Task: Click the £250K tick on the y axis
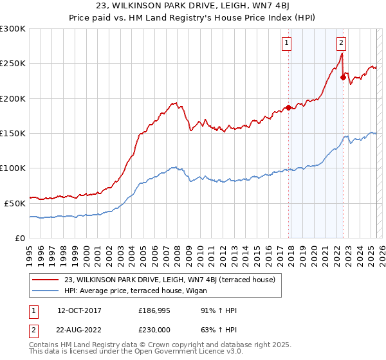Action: tap(13, 64)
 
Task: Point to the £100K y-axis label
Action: tap(13, 168)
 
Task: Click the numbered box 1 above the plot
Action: tap(286, 44)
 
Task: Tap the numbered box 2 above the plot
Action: tap(341, 44)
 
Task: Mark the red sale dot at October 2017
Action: tap(288, 107)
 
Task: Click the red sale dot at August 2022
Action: tap(343, 77)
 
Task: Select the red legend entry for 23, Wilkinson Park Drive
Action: tap(169, 280)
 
